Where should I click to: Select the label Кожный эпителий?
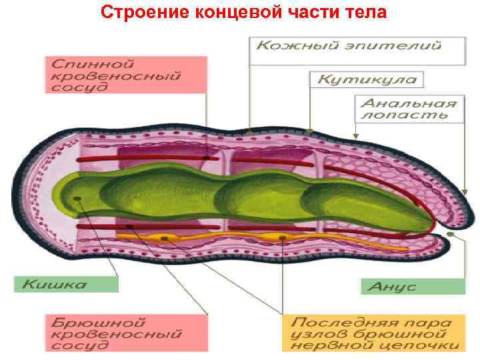coord(349,47)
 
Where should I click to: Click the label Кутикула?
coord(367,79)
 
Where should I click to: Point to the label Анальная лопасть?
coord(408,109)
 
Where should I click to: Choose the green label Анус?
coord(413,286)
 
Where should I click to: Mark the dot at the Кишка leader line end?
coord(79,198)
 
